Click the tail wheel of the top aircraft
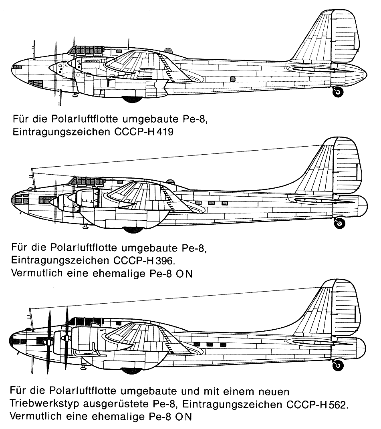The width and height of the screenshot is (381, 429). pos(338,92)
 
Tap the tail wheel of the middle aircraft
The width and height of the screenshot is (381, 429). pos(339,223)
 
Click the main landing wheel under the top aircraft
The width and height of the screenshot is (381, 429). pos(132,99)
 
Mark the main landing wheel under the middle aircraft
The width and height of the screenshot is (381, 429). pos(133,230)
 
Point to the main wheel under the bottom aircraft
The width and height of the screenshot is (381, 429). pos(132,371)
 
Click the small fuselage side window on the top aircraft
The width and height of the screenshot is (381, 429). pos(233,79)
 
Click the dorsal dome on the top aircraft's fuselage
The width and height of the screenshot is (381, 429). pos(168,50)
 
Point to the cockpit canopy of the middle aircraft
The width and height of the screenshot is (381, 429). pos(86,181)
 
